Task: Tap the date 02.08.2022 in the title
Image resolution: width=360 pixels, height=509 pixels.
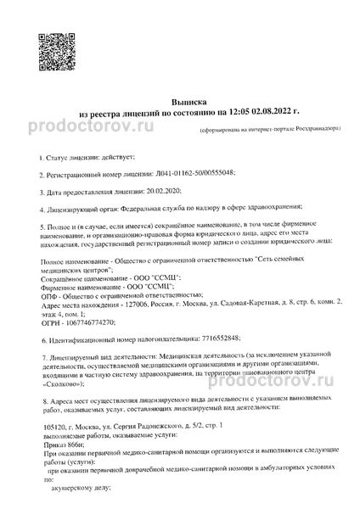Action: click(261, 113)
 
